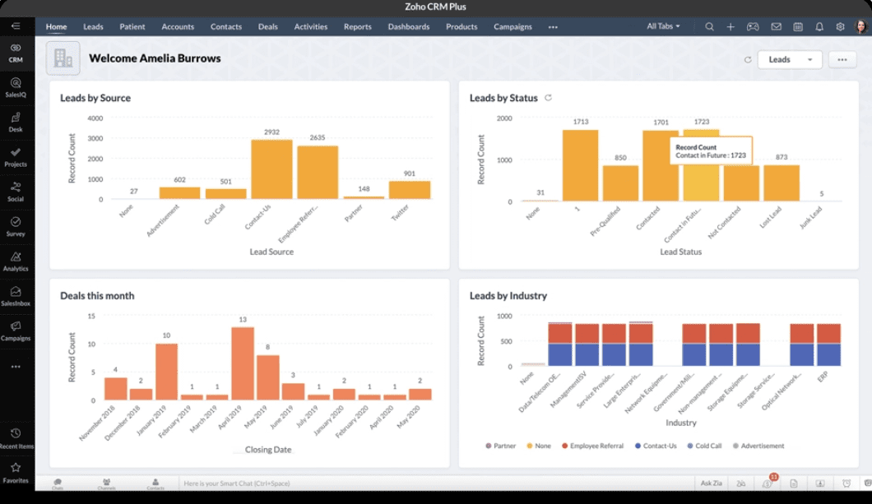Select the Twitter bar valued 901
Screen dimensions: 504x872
coord(410,190)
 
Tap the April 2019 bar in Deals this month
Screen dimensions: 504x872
coord(243,363)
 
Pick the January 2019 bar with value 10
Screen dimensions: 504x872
coord(167,372)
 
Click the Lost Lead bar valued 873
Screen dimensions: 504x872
coord(781,183)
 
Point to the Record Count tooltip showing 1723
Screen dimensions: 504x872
coord(711,150)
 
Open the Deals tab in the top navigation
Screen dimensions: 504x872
coord(268,26)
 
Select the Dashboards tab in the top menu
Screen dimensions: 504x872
coord(409,26)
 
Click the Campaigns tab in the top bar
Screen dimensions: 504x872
coord(513,26)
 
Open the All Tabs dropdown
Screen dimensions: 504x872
coord(663,26)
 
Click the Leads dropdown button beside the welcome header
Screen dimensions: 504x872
coord(789,59)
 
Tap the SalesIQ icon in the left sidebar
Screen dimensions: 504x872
coord(16,87)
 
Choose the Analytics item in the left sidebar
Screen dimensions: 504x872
coord(16,261)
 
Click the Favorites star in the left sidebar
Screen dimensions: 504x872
coord(16,472)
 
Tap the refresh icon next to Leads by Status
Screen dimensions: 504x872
coord(549,98)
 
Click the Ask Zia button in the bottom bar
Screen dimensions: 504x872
coord(710,483)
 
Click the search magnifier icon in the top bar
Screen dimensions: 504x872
coord(709,26)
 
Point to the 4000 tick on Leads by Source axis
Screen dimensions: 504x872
coord(95,118)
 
